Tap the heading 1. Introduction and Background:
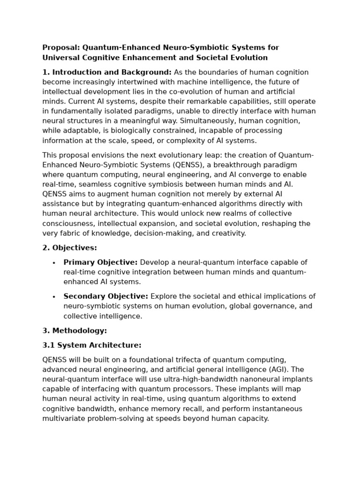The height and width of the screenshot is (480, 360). coord(107,72)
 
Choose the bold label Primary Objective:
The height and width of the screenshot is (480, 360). coord(101,262)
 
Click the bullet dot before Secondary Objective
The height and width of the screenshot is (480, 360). coord(54,297)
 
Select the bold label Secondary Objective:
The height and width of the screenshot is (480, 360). coord(106,296)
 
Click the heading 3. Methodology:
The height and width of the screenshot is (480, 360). coord(75,330)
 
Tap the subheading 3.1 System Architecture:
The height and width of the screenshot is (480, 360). coord(92,345)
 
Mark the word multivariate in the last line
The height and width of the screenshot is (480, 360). coord(62,419)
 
